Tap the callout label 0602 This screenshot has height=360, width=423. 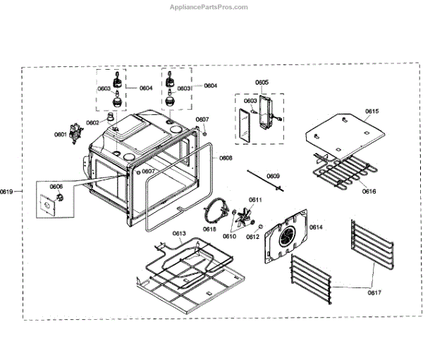(92, 123)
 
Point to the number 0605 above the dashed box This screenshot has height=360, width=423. (262, 82)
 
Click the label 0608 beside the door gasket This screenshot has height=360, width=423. (226, 158)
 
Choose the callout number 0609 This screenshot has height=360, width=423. (273, 176)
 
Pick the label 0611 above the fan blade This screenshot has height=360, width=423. (255, 201)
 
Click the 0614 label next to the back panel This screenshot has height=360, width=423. (315, 227)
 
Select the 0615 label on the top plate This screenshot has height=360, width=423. (372, 112)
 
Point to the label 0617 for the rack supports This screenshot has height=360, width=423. (374, 292)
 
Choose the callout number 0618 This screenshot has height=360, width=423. (210, 229)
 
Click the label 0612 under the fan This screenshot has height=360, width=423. (252, 237)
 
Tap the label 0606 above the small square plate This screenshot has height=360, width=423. (56, 187)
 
